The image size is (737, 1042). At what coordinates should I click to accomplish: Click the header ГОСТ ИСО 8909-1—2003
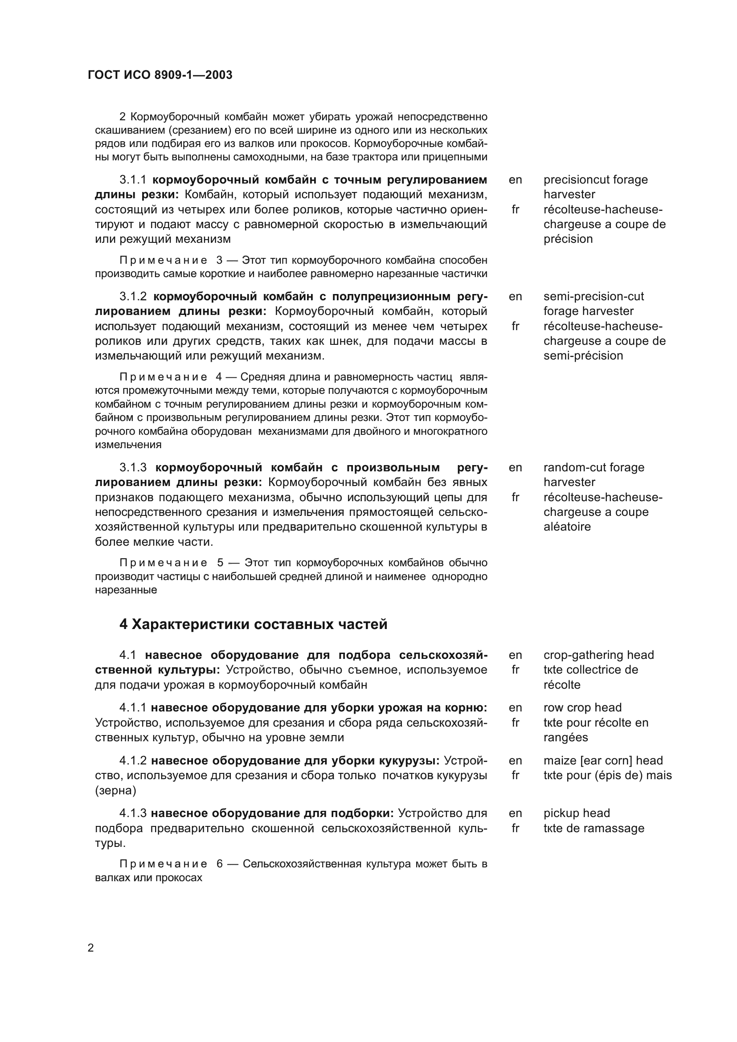point(160,75)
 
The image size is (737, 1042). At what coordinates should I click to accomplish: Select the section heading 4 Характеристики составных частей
point(253,625)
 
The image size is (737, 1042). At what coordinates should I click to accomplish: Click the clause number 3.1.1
point(133,180)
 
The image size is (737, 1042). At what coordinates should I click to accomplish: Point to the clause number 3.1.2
point(133,296)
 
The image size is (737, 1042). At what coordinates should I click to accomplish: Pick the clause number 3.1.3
point(133,467)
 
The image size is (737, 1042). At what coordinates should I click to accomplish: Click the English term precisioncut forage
point(595,180)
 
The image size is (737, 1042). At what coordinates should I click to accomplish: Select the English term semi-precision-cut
point(594,296)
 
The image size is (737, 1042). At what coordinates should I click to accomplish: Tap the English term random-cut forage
point(594,467)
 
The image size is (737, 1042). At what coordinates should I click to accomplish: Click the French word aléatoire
point(567,527)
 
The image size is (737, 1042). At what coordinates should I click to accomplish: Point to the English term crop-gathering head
point(598,655)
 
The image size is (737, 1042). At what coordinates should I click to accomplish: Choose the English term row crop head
point(582,707)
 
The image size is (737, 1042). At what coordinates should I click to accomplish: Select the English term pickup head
point(576,813)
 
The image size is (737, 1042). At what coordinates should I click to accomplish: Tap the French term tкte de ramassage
point(594,828)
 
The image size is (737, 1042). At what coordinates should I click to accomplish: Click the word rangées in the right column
point(565,737)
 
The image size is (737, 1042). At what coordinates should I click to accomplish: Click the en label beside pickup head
point(515,813)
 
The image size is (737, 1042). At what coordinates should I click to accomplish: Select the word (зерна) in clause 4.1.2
point(115,790)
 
